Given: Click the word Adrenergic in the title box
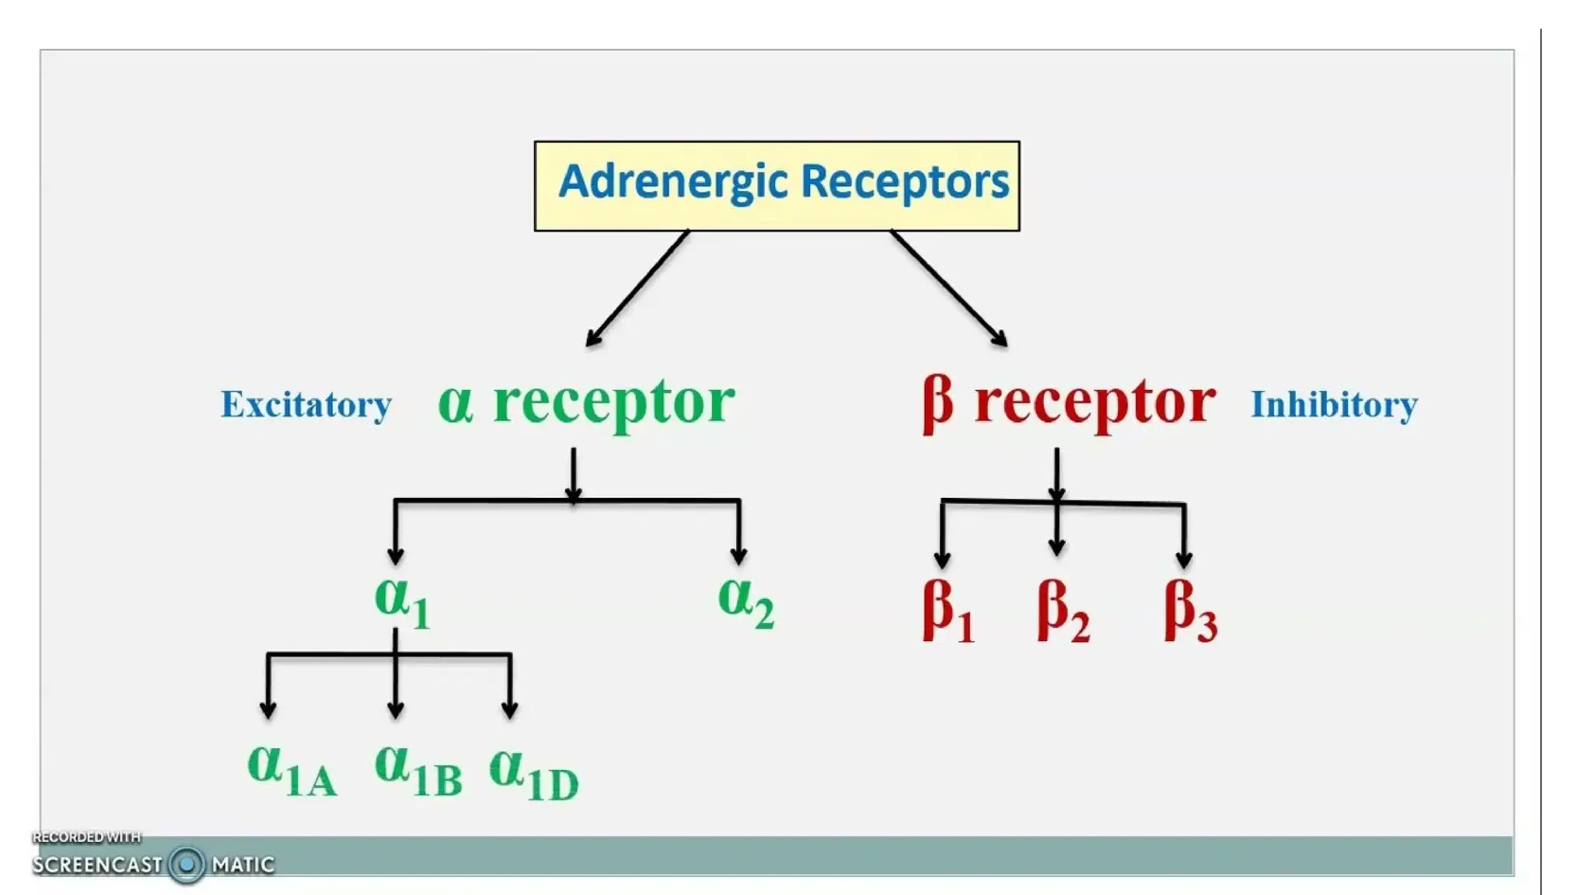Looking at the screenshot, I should coord(662,183).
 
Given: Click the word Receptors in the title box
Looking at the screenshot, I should coord(904,182).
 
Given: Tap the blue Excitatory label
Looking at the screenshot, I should coord(306,405).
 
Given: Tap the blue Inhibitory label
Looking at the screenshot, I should coord(1334,405).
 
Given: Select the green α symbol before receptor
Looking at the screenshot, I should coord(456,404).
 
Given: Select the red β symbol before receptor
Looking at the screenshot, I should coord(937,404).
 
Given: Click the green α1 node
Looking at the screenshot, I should coord(401,603).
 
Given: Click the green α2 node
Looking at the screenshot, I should coord(745,603).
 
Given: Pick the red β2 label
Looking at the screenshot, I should coord(1063,612).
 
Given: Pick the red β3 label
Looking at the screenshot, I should coord(1189,612).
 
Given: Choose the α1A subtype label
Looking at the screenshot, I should coord(292,771).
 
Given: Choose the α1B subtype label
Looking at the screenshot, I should coord(417,771).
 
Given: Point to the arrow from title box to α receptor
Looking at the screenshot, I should coord(637,287).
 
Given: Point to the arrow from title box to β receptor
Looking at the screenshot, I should coord(949,287).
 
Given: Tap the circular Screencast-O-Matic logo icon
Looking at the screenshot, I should coord(187,864).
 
